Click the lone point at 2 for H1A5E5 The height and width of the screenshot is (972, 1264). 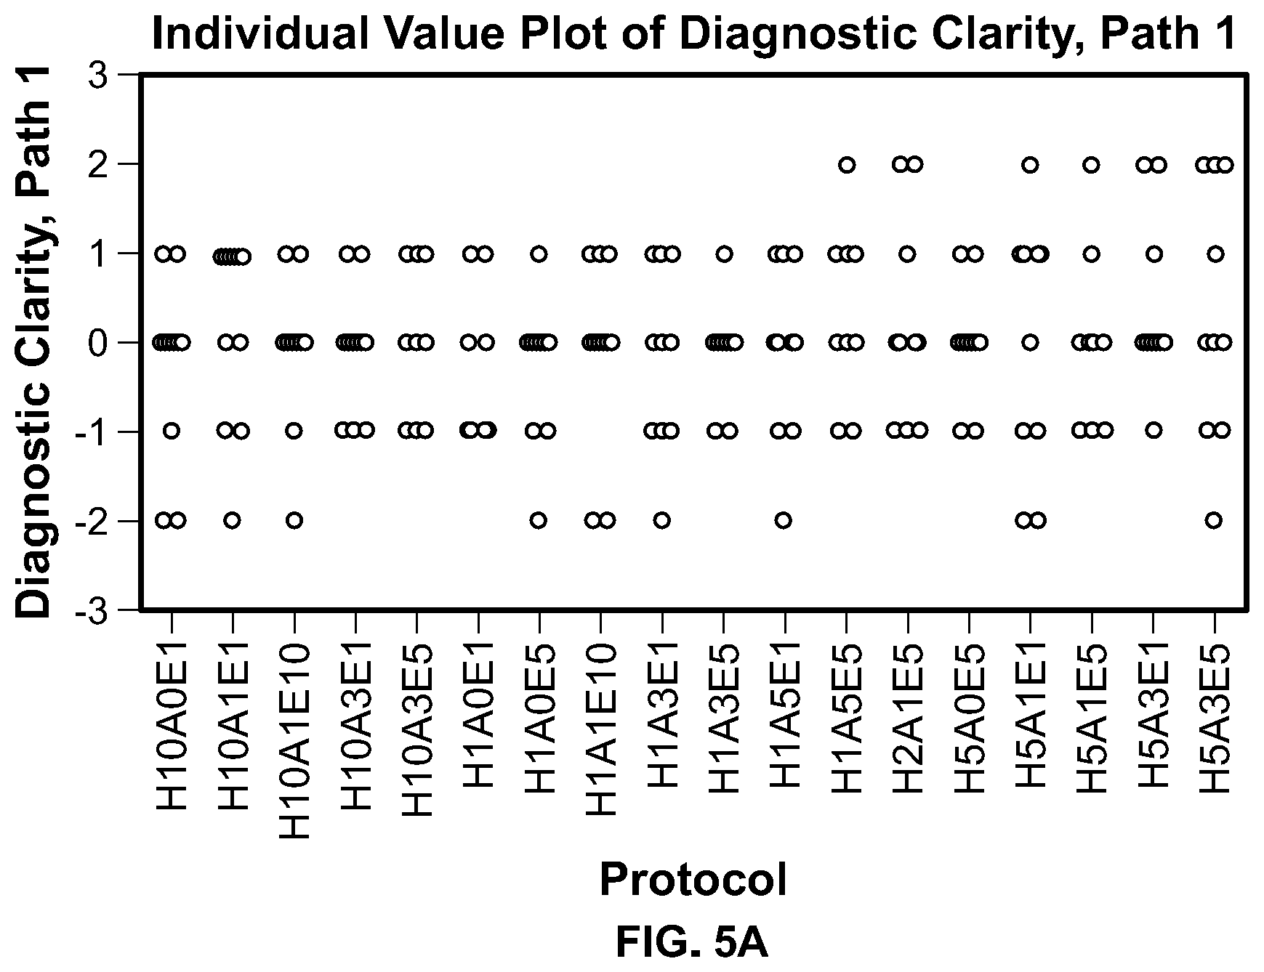(847, 165)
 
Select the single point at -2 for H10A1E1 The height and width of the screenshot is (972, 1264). (232, 520)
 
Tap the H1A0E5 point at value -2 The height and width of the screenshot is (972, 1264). (538, 520)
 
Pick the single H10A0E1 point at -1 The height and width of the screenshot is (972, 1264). (172, 431)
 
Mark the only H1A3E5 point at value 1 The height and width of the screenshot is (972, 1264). (724, 254)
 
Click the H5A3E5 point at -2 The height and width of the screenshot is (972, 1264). (1213, 520)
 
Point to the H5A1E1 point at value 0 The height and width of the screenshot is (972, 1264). (1030, 342)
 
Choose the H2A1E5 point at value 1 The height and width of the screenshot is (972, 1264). (907, 254)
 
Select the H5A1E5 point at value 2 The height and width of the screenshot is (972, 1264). (1091, 165)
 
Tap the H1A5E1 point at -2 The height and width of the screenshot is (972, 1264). (783, 520)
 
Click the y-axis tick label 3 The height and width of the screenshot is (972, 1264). (97, 75)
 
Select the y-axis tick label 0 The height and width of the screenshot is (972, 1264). (97, 342)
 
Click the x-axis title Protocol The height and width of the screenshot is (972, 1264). (693, 880)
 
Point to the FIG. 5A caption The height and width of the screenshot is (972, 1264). (692, 943)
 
